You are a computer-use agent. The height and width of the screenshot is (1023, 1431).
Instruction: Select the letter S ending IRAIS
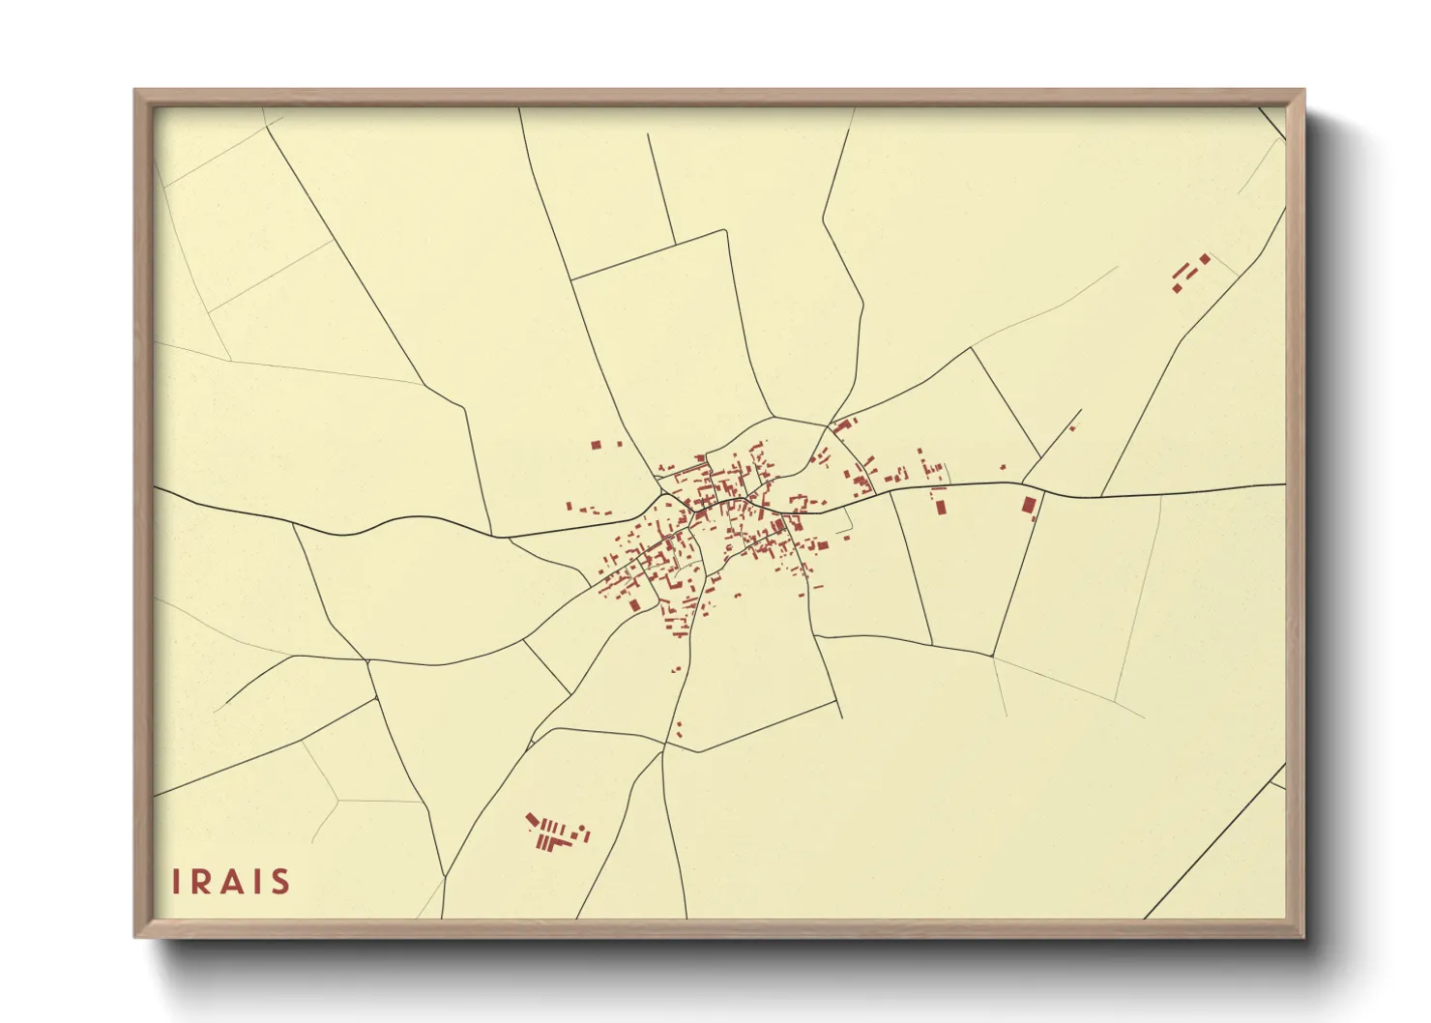[x=280, y=882]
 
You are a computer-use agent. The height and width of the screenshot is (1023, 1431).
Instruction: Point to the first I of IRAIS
[x=176, y=882]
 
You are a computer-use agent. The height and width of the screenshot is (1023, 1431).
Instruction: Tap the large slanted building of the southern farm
[x=532, y=821]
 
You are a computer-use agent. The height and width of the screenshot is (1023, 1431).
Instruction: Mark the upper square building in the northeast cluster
[x=1205, y=258]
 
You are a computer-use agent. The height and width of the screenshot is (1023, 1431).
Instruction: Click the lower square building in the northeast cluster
[x=1177, y=287]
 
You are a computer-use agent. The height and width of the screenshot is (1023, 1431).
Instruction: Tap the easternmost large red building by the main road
[x=1029, y=504]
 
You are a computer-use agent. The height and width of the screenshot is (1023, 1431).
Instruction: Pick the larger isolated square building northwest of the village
[x=597, y=445]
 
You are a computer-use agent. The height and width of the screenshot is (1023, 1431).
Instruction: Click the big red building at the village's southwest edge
[x=634, y=605]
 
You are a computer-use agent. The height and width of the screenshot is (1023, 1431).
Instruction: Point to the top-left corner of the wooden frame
[x=135, y=91]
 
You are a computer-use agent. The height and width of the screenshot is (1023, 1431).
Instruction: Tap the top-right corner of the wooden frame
[x=1303, y=91]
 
